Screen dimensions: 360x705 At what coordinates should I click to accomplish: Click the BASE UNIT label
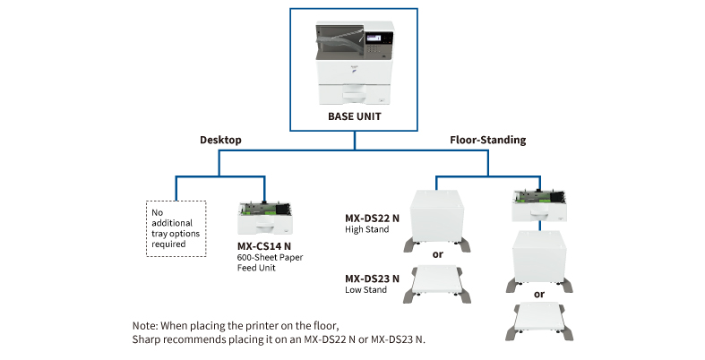(354, 116)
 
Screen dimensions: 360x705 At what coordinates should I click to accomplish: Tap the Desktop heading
(220, 141)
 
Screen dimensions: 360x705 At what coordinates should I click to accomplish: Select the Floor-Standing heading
(487, 141)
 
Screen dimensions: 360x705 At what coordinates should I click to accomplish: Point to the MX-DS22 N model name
(372, 218)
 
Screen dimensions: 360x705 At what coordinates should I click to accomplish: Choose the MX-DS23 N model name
(372, 278)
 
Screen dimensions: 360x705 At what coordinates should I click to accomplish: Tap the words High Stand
(366, 229)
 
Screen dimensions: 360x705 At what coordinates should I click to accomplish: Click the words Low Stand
(365, 289)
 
